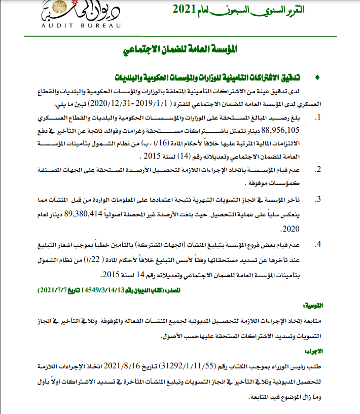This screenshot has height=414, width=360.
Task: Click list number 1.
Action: click(x=318, y=118)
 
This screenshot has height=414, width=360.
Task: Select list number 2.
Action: click(x=318, y=169)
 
